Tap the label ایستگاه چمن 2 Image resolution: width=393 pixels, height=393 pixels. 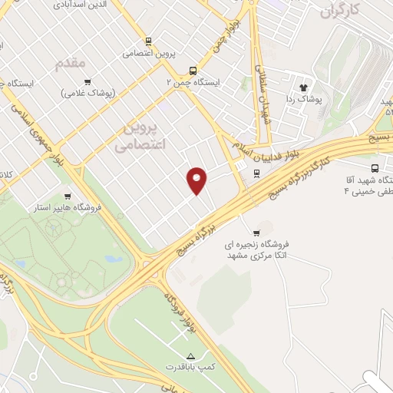click(x=193, y=81)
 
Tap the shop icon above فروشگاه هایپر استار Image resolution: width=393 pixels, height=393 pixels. click(x=68, y=196)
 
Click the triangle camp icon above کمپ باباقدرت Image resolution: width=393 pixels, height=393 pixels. click(x=202, y=356)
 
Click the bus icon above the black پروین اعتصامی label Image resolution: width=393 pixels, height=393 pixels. click(x=147, y=42)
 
